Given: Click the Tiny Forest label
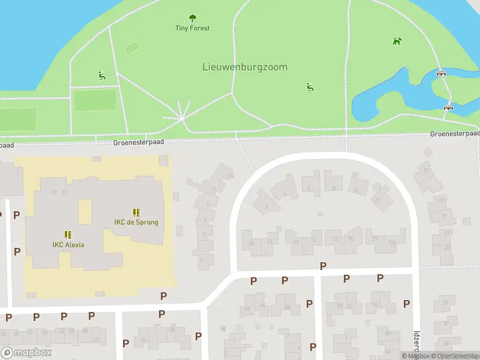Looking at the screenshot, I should click(192, 28).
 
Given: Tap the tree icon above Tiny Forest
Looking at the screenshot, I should click(192, 18).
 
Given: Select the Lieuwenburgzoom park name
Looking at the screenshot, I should click(244, 67).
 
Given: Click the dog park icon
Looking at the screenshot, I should click(397, 41).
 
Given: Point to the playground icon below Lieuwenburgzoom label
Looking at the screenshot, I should click(310, 87).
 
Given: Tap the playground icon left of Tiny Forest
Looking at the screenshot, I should click(101, 75).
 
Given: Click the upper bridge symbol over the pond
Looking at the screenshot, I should click(442, 73).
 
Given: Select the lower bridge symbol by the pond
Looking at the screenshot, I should click(448, 107).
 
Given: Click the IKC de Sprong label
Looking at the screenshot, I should click(136, 222).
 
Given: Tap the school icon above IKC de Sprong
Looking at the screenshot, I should click(136, 212).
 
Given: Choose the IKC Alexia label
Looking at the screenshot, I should click(68, 244).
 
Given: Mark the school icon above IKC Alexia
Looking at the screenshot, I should click(68, 234).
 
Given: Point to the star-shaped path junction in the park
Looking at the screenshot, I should click(182, 118).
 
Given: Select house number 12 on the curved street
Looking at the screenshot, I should click(377, 200).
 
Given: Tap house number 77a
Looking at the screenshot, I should click(392, 242).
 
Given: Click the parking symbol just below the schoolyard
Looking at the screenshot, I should click(163, 296).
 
